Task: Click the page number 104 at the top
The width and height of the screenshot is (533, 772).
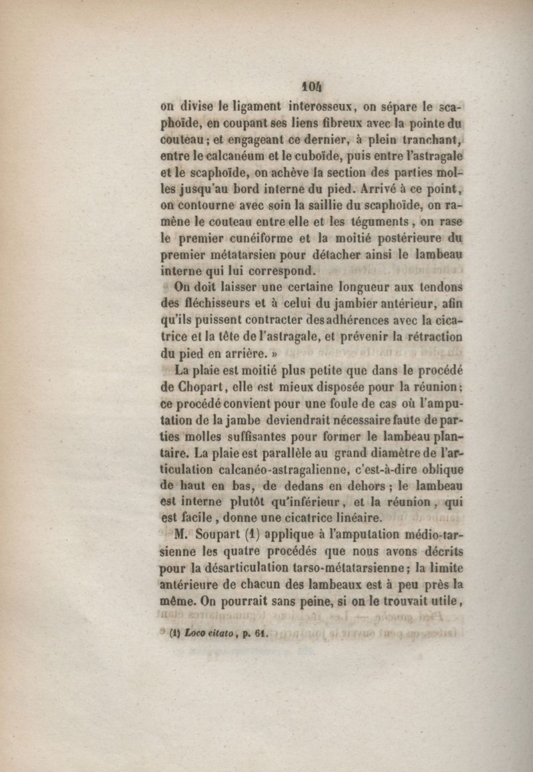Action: [310, 86]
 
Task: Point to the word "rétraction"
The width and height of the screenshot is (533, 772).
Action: [431, 337]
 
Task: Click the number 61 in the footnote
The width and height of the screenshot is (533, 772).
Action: [259, 633]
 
